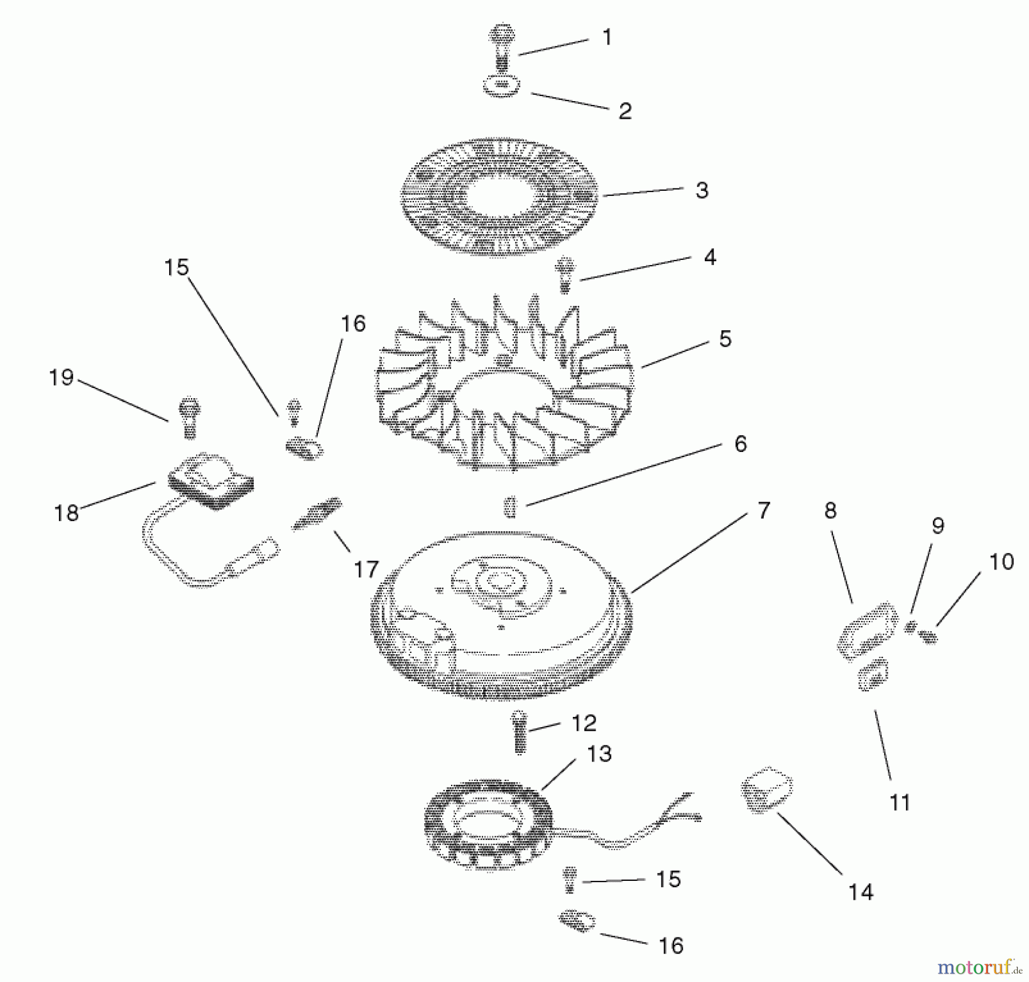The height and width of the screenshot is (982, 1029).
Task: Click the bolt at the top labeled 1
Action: click(x=502, y=46)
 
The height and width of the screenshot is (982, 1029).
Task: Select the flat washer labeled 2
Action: click(x=502, y=86)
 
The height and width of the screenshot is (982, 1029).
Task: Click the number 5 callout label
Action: click(x=725, y=339)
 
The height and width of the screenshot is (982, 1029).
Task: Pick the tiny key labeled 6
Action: click(x=510, y=506)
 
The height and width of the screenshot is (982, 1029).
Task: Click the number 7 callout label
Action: click(x=764, y=510)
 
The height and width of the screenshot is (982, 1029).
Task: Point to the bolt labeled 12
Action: click(x=520, y=733)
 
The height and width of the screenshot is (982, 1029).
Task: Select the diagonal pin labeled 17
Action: click(x=318, y=512)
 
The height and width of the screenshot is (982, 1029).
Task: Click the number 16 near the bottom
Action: click(x=671, y=946)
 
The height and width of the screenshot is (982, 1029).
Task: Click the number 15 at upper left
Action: click(x=176, y=267)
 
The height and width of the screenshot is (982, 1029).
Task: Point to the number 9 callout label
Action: click(x=938, y=526)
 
